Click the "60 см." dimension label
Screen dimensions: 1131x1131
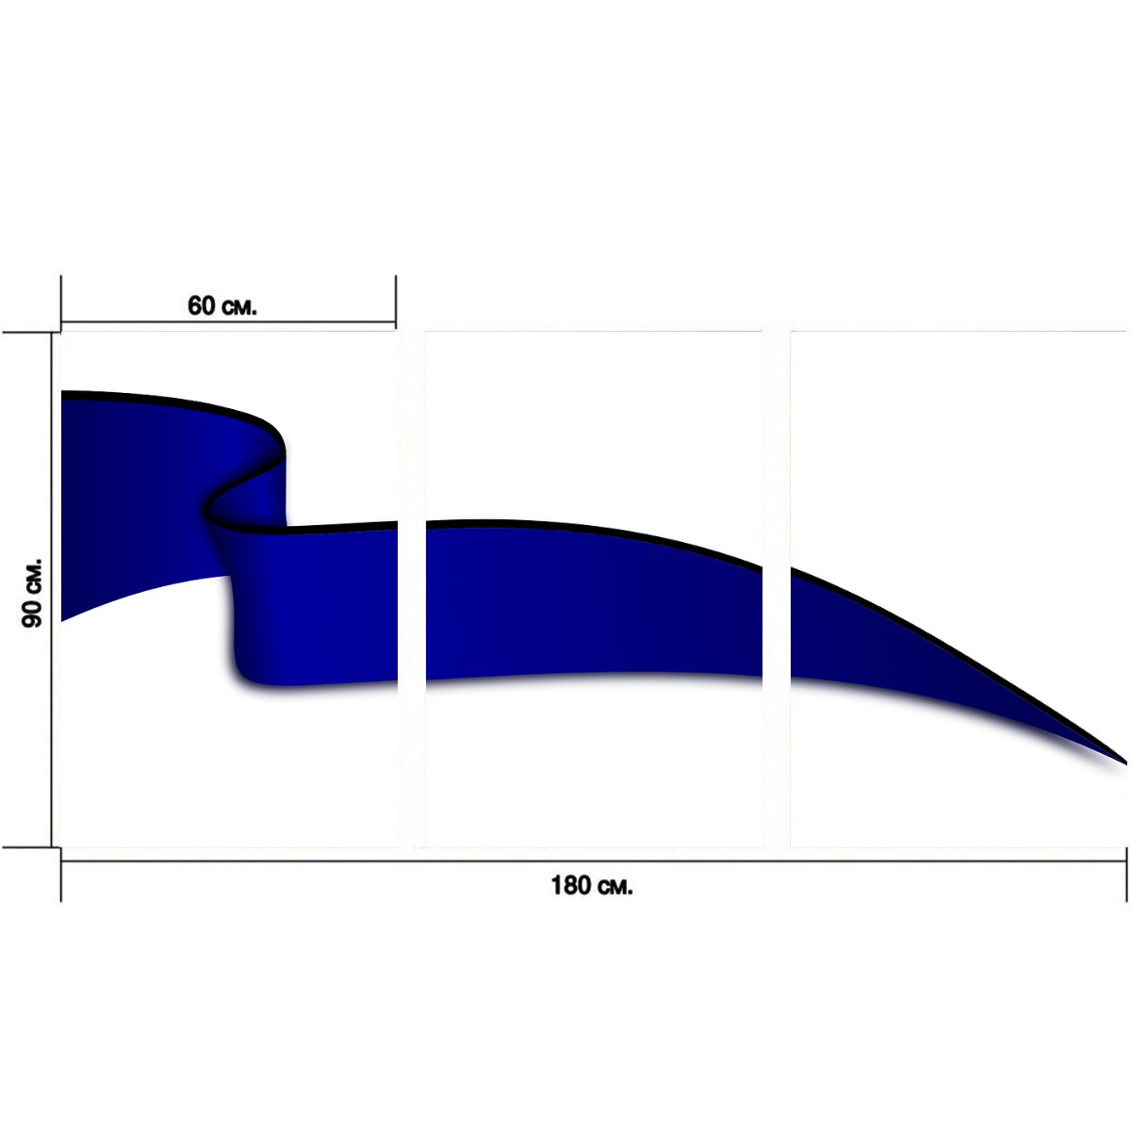coord(221,305)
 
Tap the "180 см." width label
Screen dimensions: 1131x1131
coord(592,886)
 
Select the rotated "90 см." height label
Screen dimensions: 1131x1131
coord(32,593)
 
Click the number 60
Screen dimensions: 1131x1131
coord(202,305)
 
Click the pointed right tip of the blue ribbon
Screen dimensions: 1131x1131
coord(1125,763)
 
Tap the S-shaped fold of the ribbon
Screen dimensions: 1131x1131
coord(247,493)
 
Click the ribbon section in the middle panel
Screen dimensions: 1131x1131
coord(593,599)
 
